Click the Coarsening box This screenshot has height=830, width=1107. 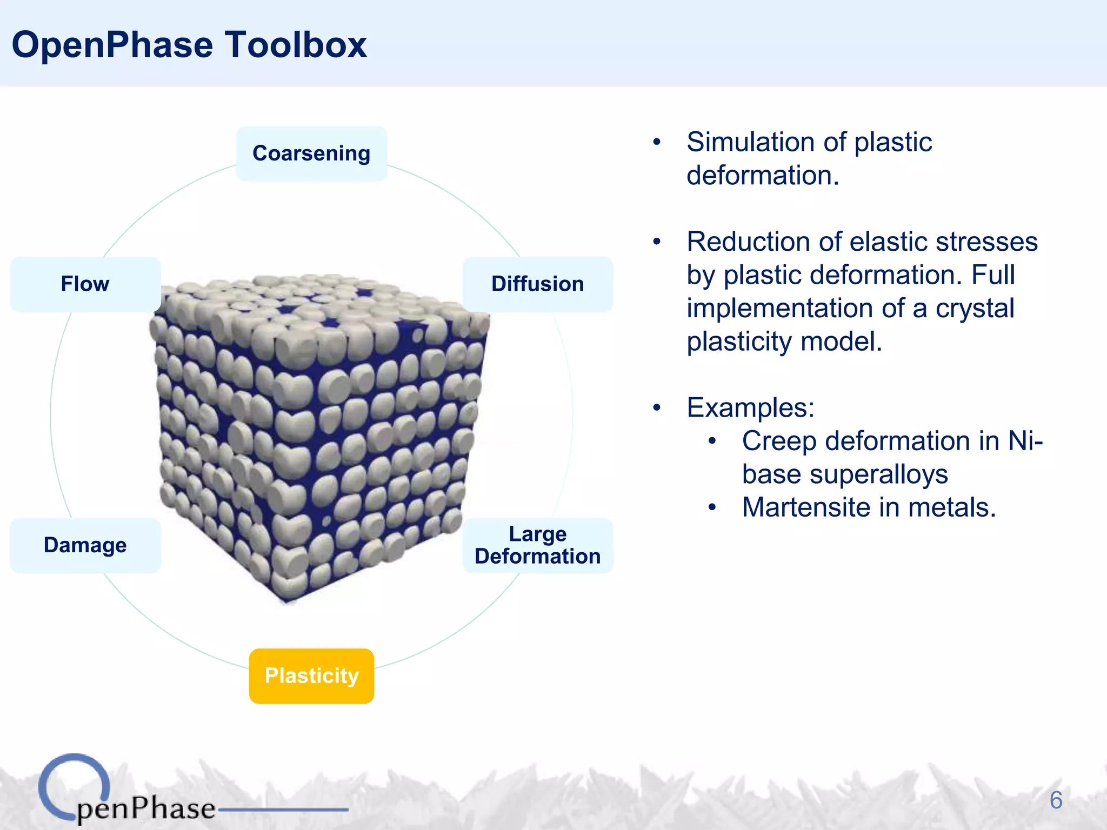click(311, 153)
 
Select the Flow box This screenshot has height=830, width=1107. click(85, 284)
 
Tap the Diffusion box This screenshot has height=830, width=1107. click(537, 284)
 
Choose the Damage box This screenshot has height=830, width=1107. click(85, 545)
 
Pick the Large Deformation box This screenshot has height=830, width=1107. click(537, 545)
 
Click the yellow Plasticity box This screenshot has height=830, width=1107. click(311, 676)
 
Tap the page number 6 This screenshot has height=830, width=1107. click(1056, 800)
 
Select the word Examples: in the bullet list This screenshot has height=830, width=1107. click(750, 407)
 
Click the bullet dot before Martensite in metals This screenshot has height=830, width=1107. click(712, 508)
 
